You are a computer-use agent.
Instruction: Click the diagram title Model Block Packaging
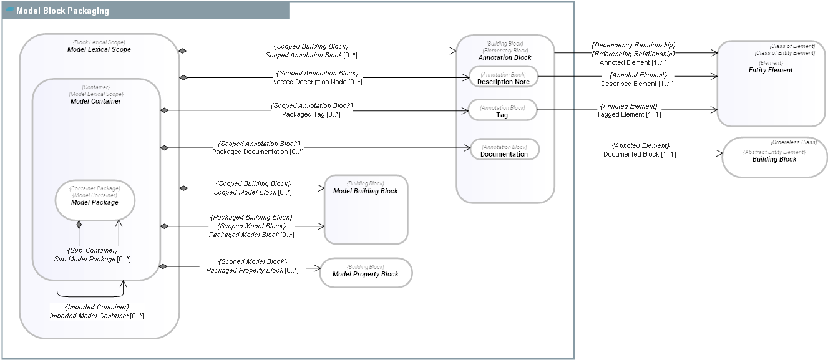click(x=62, y=11)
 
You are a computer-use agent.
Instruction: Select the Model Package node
click(x=95, y=202)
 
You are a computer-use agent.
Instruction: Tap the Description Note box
click(x=503, y=82)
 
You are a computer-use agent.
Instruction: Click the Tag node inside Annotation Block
click(x=502, y=115)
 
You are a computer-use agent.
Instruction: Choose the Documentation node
click(x=504, y=154)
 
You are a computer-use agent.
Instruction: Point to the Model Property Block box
click(x=366, y=274)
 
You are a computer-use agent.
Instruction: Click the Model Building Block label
click(x=365, y=191)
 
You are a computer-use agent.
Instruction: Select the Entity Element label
click(x=771, y=70)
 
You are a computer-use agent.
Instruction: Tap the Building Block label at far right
click(x=774, y=159)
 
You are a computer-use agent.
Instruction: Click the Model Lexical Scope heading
click(x=99, y=49)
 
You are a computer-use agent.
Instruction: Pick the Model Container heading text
click(x=95, y=101)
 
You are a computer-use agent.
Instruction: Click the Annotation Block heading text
click(x=505, y=57)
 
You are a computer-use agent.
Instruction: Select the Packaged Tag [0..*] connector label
click(x=311, y=115)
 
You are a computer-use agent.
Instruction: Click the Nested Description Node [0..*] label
click(x=317, y=82)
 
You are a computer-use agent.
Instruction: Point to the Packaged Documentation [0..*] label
click(x=258, y=152)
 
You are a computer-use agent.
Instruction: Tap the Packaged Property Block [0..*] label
click(x=252, y=270)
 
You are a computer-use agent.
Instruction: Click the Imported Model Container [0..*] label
click(x=97, y=316)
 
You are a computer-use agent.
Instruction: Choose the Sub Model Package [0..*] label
click(x=92, y=259)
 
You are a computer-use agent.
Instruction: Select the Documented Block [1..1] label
click(x=640, y=154)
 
